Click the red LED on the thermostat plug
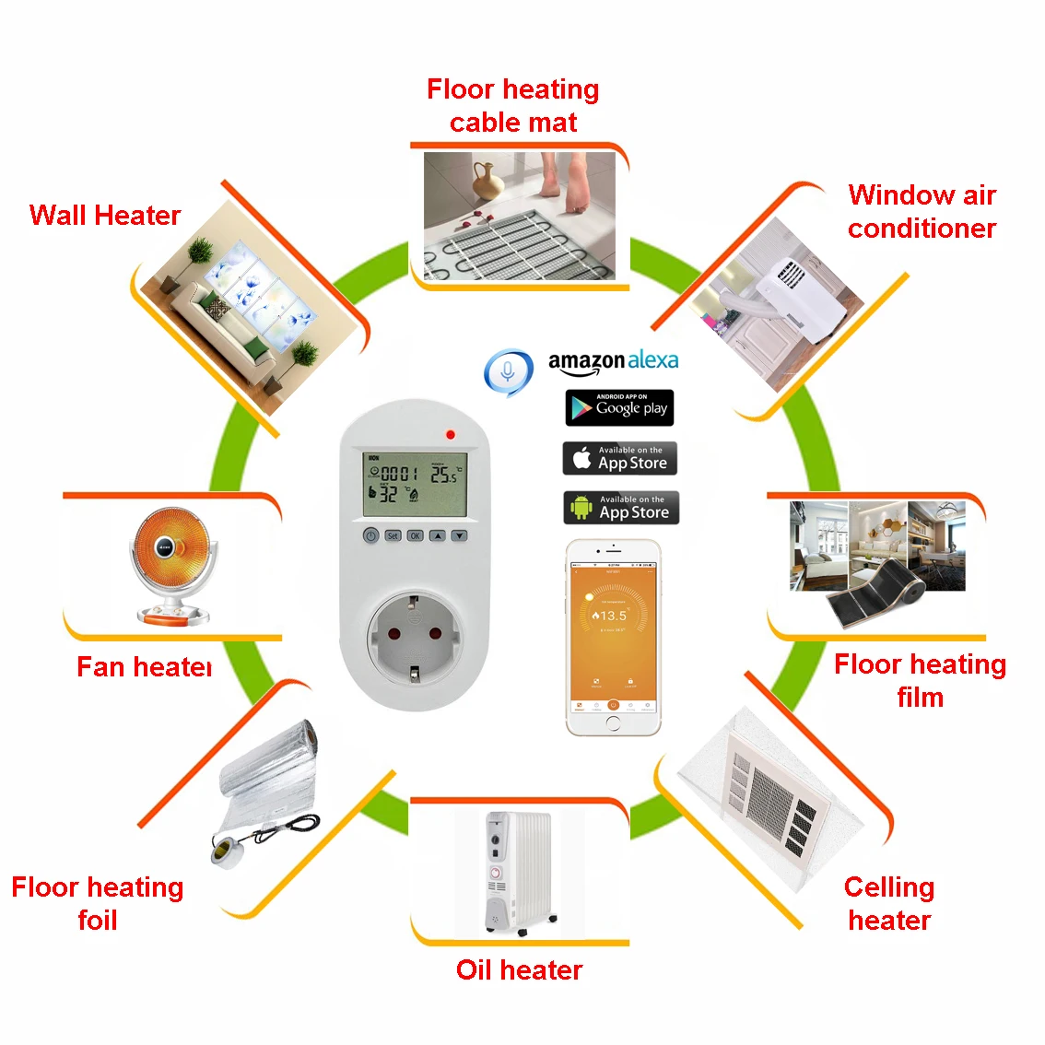451,434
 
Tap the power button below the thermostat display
370,534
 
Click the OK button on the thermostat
415,534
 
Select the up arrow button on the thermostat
437,534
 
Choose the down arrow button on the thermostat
459,534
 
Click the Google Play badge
619,407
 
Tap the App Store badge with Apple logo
619,458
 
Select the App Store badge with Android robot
620,508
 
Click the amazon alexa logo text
613,361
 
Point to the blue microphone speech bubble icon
508,371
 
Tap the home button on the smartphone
614,723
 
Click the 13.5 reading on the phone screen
612,616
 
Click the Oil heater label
519,969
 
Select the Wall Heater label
105,216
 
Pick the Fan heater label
145,666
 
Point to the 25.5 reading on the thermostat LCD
443,474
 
